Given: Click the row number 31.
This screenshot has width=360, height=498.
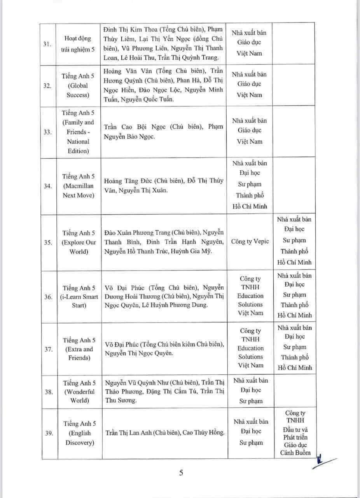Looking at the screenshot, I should tap(48, 44).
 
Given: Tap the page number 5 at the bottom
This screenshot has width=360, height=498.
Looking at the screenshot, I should tap(181, 473).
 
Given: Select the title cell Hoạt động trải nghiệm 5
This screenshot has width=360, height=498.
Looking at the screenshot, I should tap(78, 44).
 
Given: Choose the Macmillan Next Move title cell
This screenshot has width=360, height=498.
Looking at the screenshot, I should tap(79, 186).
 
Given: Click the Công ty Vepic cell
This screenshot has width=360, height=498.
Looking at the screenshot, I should tap(250, 242).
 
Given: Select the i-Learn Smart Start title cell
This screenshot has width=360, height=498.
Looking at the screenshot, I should tap(79, 297).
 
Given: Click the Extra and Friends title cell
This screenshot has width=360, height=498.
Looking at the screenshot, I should tap(79, 349).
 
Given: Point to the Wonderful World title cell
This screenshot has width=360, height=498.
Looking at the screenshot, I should tap(79, 392).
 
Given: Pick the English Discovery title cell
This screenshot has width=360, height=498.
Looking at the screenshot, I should tap(79, 433).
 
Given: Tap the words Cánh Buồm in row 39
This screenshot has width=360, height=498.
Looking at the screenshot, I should tap(295, 452).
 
